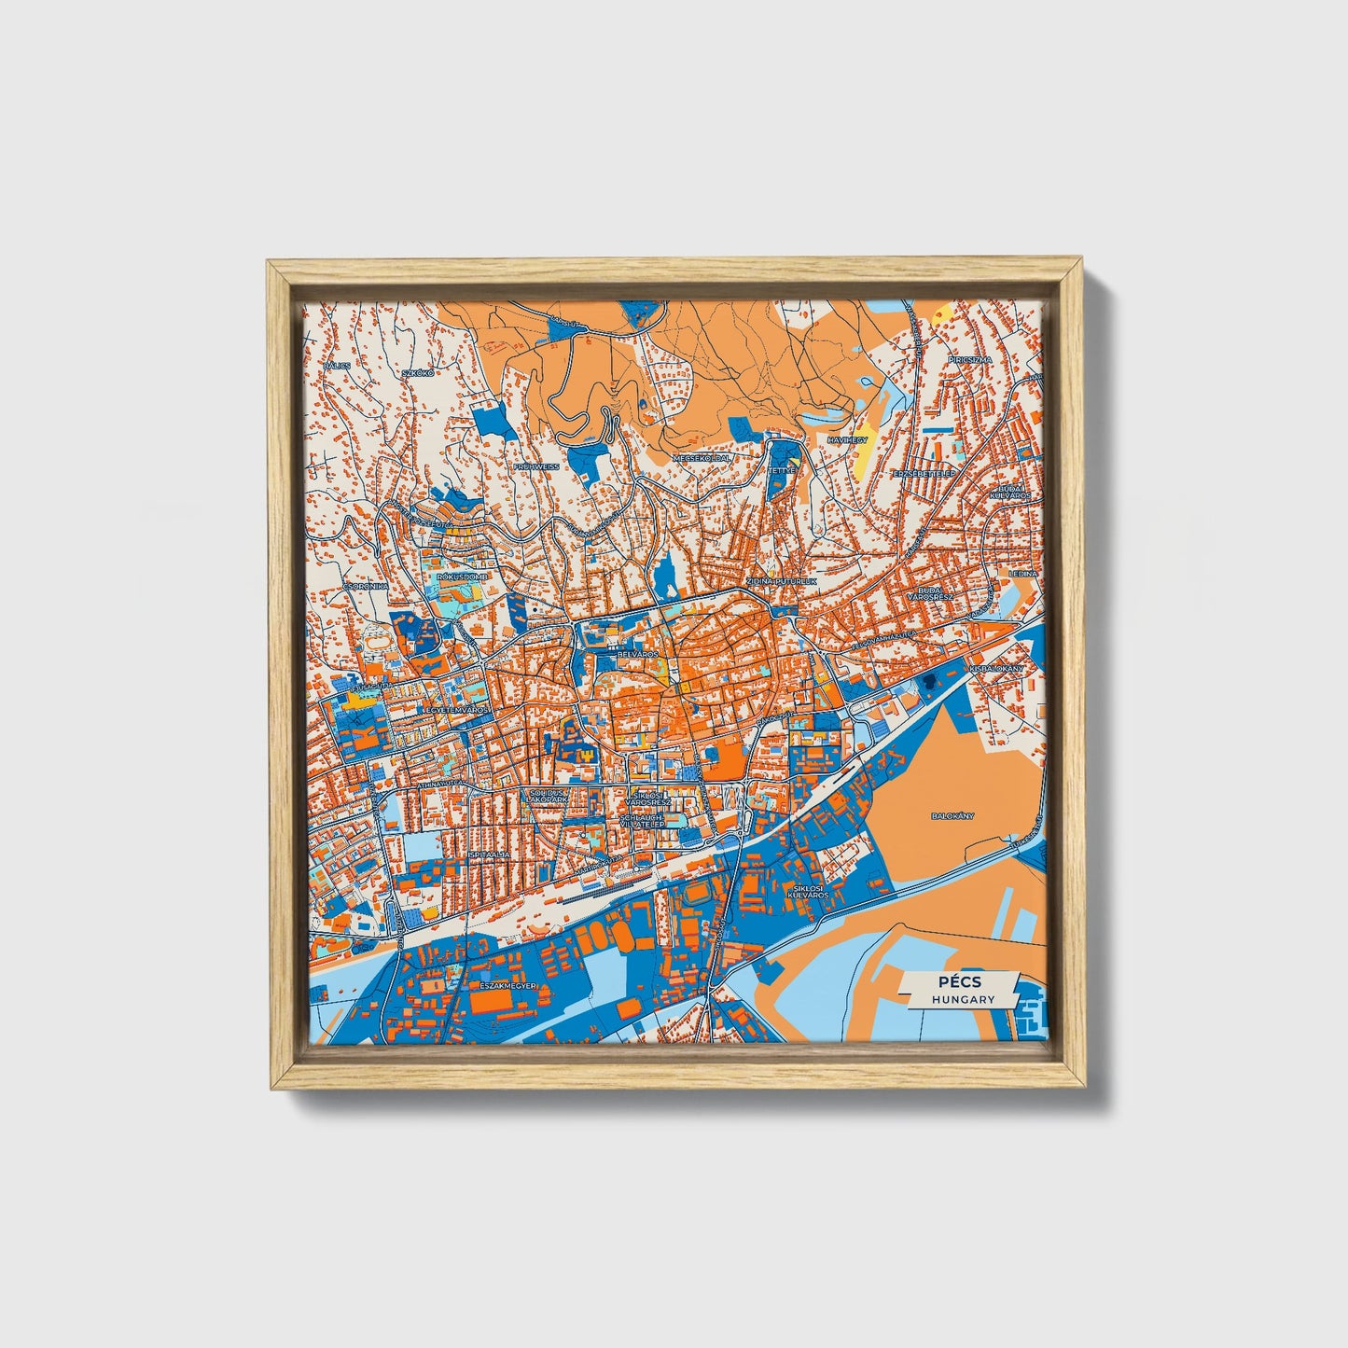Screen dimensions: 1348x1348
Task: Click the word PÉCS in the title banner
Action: tap(961, 982)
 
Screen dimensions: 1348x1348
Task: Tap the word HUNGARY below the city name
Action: tap(961, 999)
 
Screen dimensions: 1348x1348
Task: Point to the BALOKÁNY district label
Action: tap(952, 815)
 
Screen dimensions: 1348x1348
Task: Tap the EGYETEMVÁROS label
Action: tap(457, 711)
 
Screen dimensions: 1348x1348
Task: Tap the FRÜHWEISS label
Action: tap(536, 466)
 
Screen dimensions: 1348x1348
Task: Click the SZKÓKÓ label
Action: tap(418, 373)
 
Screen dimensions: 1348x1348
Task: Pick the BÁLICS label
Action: tap(337, 366)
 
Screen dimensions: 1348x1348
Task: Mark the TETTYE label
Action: tap(780, 471)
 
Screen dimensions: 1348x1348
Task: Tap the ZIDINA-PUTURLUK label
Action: tap(781, 580)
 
